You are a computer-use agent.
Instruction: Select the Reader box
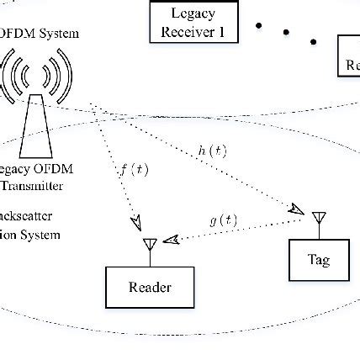[150, 287]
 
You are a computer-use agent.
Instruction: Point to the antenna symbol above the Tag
[318, 220]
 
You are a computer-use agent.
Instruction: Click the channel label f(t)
[134, 170]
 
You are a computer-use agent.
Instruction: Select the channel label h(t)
[212, 151]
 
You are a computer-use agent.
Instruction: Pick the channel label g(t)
[223, 220]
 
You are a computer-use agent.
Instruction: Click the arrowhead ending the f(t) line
[135, 223]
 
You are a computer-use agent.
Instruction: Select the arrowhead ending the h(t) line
[297, 210]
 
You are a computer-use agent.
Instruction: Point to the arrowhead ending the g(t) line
[171, 240]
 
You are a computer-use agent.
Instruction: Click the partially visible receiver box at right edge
[349, 56]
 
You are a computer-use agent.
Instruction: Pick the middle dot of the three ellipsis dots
[286, 33]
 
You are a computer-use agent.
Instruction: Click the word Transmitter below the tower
[32, 186]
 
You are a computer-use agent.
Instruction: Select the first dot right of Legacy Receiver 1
[258, 25]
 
